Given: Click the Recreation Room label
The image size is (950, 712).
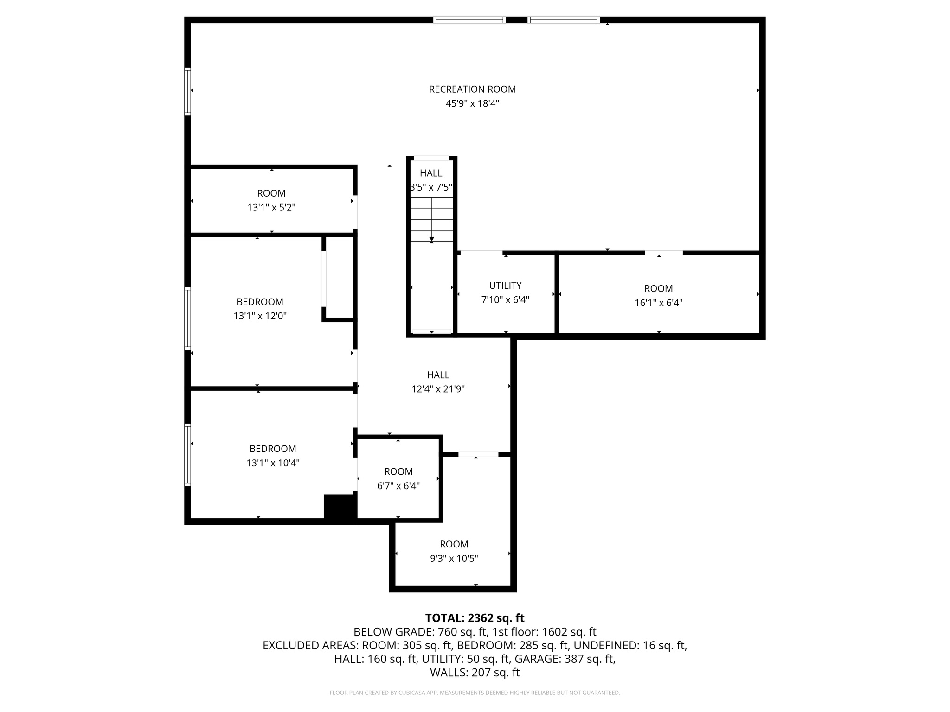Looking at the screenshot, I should coord(472,89).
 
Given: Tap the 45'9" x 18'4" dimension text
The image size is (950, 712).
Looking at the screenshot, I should coord(472,103).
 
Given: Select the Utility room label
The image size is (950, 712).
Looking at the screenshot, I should coord(505,286).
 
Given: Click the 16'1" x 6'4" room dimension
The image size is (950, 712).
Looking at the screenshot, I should coord(658,303).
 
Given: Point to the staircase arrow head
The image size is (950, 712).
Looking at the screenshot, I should coord(432,240).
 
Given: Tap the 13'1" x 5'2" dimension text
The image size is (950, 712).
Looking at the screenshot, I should coord(271,208).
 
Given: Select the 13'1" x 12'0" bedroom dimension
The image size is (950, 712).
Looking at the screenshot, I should coord(260,316).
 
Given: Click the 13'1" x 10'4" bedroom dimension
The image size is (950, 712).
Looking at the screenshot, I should coord(273,463).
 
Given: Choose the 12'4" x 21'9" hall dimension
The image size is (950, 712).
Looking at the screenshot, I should coord(438,389).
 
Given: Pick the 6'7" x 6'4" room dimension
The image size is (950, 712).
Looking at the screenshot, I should coord(398,486).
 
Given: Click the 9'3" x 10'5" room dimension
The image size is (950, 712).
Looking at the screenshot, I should coord(454,559).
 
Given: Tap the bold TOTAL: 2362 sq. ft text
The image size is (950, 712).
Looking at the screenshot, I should coord(475,618).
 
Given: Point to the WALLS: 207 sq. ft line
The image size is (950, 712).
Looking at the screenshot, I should coord(475,673).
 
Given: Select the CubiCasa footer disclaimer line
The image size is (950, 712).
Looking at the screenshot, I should coord(475,693).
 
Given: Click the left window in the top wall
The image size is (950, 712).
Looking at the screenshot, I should coord(469,20).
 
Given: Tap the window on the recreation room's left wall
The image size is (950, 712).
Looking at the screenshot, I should coord(187,91).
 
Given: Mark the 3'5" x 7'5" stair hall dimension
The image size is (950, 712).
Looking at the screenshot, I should coord(431,188).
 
